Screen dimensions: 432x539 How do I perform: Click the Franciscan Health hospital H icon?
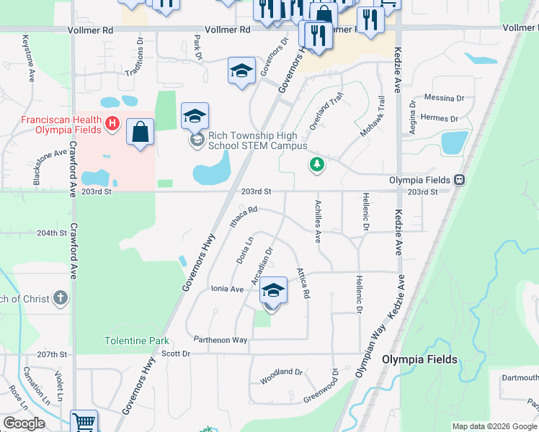point(112,125)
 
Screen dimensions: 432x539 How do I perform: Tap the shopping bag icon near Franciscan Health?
point(140,132)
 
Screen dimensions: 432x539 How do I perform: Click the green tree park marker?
point(316,165)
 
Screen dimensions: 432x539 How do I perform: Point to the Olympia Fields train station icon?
point(459,180)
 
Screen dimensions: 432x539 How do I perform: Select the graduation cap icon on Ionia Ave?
point(272,291)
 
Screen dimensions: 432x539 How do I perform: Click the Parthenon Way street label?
point(220,340)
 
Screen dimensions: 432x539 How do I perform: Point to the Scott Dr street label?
point(175,354)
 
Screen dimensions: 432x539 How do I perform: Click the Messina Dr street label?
point(444,98)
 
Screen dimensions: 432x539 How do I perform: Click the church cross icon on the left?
point(61,297)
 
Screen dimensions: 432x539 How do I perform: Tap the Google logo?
point(24,423)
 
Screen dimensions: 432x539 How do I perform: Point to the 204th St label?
point(51,233)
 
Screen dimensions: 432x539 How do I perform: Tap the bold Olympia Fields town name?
point(419,359)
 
